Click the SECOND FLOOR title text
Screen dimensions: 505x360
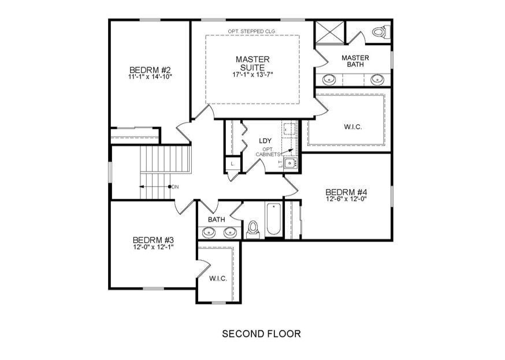coord(261,333)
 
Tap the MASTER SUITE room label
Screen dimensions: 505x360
coord(253,64)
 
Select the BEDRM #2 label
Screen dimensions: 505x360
coord(150,70)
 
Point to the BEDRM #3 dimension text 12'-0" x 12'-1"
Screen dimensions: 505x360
coord(153,247)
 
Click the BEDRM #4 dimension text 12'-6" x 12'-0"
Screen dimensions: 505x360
coord(347,199)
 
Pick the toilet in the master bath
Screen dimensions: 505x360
coord(381,32)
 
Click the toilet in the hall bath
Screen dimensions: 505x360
coord(252,229)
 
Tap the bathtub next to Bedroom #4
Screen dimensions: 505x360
coord(273,219)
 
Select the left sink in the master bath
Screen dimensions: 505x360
coord(329,79)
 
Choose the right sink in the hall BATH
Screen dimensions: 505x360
coord(230,232)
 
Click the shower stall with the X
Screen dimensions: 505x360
coord(331,32)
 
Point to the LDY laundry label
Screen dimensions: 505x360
coord(265,141)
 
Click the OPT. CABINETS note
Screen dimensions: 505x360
coord(268,152)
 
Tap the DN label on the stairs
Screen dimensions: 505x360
coord(175,187)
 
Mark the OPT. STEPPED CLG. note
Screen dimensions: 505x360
coord(251,31)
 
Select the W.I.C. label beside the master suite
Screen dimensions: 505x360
coord(353,127)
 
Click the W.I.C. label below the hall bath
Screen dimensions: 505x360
coord(218,279)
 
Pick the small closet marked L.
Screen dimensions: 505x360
coord(233,164)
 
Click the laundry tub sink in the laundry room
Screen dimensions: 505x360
coord(291,164)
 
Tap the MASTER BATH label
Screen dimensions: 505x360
coord(355,61)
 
